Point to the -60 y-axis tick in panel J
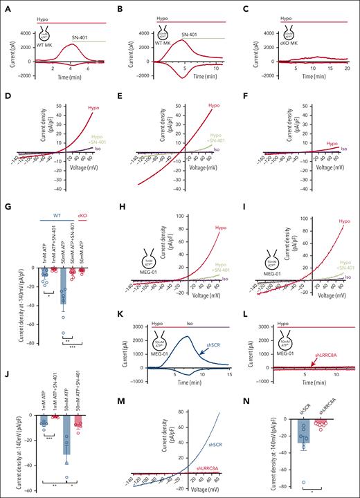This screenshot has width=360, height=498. [17, 490]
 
